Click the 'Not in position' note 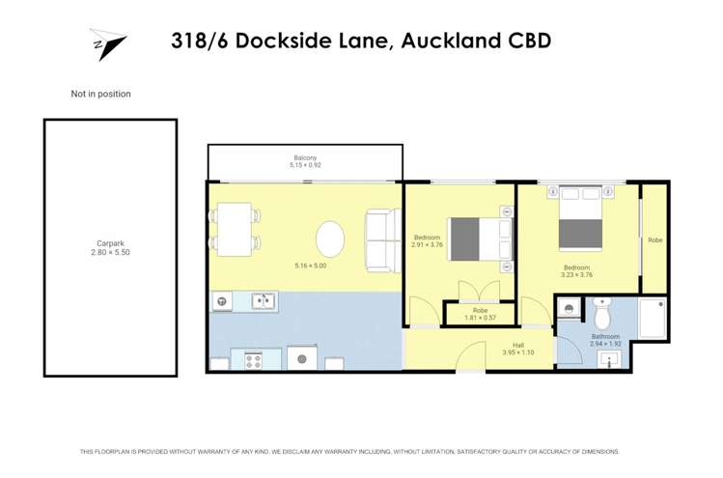[x=100, y=95]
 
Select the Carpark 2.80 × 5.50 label [x=110, y=247]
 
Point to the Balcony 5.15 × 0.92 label [x=305, y=161]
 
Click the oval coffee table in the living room [x=330, y=238]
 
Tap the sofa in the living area [x=382, y=239]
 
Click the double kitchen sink [x=264, y=301]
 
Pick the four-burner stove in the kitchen [x=255, y=360]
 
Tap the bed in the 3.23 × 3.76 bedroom [x=581, y=220]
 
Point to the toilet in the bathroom [x=603, y=314]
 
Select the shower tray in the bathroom [x=653, y=318]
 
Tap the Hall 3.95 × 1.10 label [x=518, y=349]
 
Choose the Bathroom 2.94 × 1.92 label [x=605, y=339]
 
